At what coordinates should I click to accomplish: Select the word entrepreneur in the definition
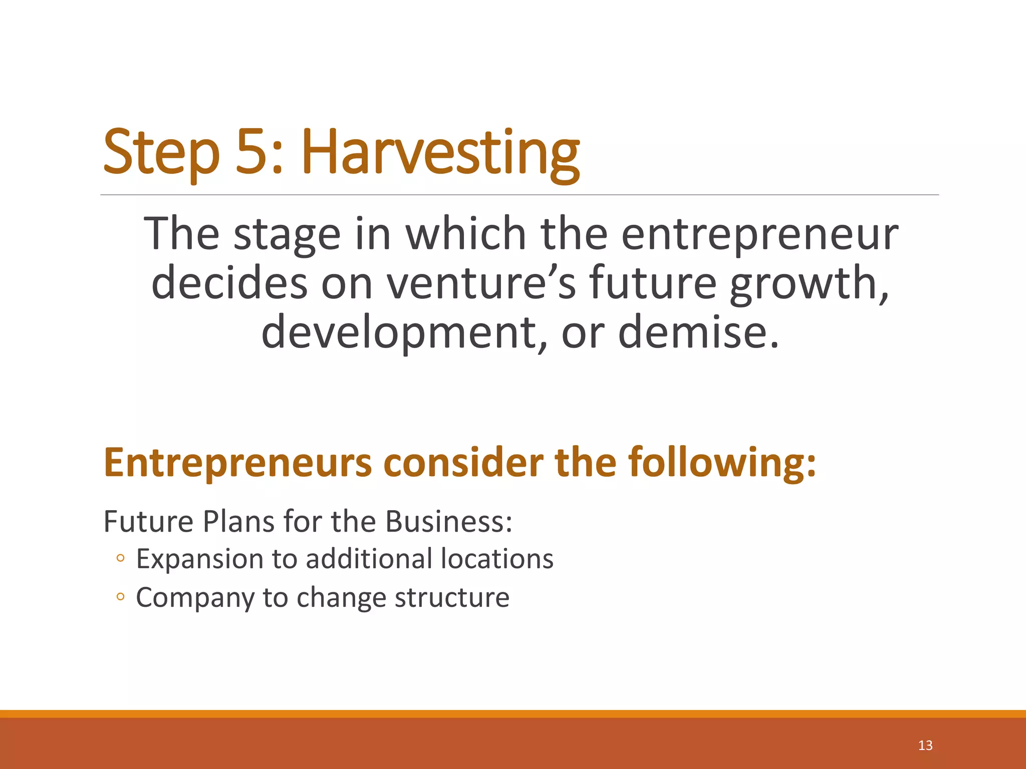pyautogui.click(x=759, y=234)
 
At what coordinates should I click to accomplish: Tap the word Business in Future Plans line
pyautogui.click(x=448, y=521)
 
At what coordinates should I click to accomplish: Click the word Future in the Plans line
pyautogui.click(x=148, y=521)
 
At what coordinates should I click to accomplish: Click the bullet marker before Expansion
pyautogui.click(x=120, y=558)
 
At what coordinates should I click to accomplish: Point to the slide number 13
pyautogui.click(x=925, y=745)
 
